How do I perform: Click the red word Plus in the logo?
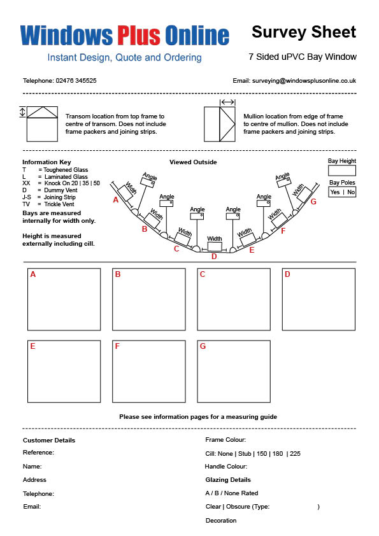tap(138, 35)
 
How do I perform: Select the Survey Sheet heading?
tap(304, 32)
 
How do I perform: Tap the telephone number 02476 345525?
tap(76, 81)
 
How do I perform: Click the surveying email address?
tap(304, 81)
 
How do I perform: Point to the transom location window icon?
tap(42, 123)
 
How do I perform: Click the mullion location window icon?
tap(220, 123)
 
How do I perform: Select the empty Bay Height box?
tap(341, 171)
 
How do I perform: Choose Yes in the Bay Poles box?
tap(335, 192)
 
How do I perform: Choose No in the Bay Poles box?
tap(351, 192)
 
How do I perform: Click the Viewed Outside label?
tap(193, 162)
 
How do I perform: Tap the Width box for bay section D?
tap(215, 246)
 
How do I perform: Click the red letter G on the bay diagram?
tap(313, 202)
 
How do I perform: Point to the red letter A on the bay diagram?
tap(116, 200)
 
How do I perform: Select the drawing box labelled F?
tap(149, 372)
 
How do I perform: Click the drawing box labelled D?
tap(318, 299)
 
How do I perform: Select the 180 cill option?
tap(278, 454)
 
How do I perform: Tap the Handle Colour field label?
tap(225, 466)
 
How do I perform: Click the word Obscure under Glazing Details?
tap(238, 507)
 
